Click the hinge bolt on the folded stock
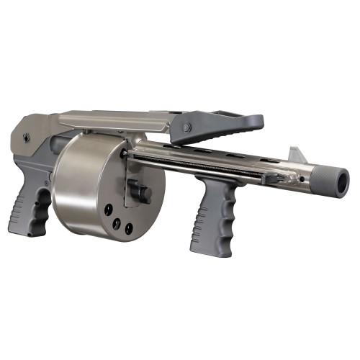click(186, 127)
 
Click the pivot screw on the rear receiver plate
click(27, 135)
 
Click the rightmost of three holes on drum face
click(129, 229)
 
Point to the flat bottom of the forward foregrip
click(206, 252)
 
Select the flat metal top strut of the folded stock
click(115, 117)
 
